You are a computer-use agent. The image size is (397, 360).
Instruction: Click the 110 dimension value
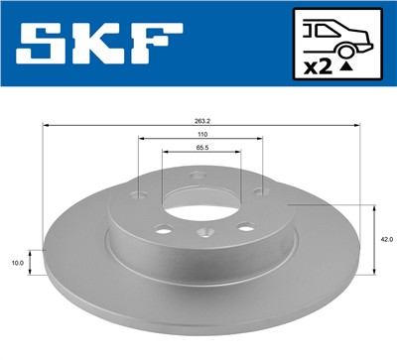click(201, 134)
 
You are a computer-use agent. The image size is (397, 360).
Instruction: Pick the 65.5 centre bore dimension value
click(201, 146)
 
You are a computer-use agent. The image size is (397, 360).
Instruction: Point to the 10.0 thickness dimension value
click(17, 263)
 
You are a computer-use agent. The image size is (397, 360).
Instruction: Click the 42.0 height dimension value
click(387, 238)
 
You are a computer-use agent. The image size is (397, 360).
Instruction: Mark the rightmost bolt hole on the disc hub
click(257, 190)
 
